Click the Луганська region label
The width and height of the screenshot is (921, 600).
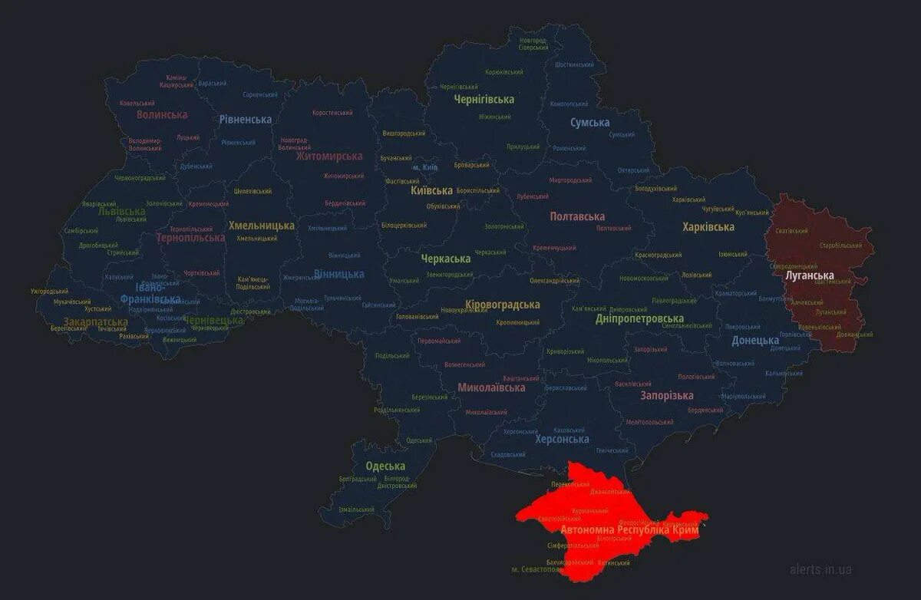click(x=809, y=275)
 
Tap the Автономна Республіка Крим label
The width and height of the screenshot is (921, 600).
click(x=629, y=530)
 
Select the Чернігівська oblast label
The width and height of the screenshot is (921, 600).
click(x=484, y=100)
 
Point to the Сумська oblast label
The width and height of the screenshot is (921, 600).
click(x=589, y=123)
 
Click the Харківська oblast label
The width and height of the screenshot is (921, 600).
click(x=708, y=227)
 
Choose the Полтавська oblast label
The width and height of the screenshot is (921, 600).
click(x=577, y=217)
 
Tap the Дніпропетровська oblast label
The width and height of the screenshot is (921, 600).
click(x=639, y=318)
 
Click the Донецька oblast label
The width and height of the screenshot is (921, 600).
click(x=755, y=341)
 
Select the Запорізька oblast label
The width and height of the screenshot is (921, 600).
click(x=666, y=396)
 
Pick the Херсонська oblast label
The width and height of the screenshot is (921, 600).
click(x=563, y=439)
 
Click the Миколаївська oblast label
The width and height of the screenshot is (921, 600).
click(x=491, y=387)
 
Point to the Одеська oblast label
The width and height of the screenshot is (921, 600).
click(x=385, y=466)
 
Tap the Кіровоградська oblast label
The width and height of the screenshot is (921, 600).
click(x=502, y=305)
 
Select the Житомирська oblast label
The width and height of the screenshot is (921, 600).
click(x=329, y=157)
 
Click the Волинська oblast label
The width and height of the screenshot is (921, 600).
click(x=162, y=115)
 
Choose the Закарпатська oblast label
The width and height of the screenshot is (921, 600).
click(x=95, y=321)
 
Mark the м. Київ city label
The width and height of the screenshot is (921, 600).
click(x=425, y=167)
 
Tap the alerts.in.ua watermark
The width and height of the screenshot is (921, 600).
click(x=820, y=569)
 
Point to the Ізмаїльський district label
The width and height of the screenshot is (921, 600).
click(x=357, y=509)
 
